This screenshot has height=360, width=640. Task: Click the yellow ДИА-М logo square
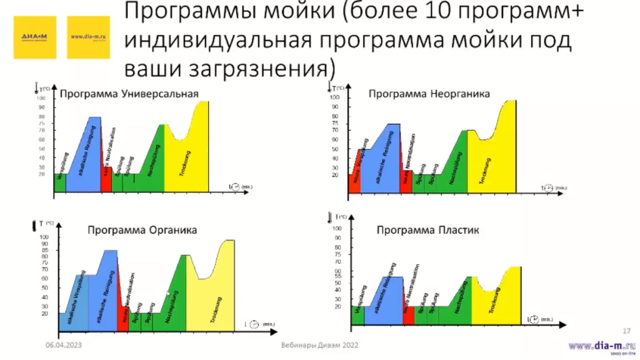click(36, 37)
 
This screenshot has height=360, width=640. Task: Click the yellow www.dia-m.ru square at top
click(88, 37)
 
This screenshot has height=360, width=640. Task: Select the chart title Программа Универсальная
click(129, 95)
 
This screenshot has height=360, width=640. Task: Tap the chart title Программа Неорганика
click(429, 94)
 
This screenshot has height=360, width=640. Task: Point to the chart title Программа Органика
click(142, 230)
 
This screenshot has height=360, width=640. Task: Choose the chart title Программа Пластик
click(427, 231)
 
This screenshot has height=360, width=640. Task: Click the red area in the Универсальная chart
click(106, 180)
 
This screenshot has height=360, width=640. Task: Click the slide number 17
click(626, 331)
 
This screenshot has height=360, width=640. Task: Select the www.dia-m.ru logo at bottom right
click(601, 346)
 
